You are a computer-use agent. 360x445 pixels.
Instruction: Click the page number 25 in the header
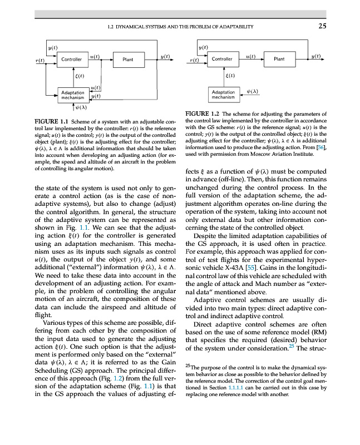[322, 25]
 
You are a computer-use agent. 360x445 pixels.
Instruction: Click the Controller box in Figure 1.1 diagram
[72, 59]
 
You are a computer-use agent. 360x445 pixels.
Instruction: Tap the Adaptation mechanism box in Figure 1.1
[72, 95]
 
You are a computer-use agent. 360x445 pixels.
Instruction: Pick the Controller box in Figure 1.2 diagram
[222, 59]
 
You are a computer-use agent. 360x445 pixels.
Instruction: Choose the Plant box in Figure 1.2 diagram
[279, 59]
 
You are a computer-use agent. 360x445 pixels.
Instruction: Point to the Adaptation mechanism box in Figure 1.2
[223, 95]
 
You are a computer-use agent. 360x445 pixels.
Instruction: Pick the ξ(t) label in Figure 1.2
[229, 75]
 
